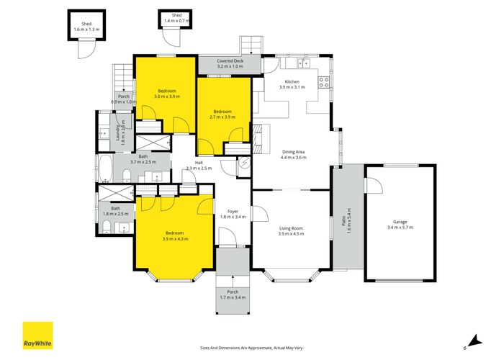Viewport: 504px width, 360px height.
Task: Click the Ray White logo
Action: [37, 336]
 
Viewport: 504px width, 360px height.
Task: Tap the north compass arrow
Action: [474, 341]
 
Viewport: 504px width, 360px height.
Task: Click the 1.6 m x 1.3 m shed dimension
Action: [86, 30]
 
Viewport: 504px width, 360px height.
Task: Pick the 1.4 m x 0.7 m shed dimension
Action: [176, 21]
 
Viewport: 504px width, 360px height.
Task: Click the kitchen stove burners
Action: [324, 82]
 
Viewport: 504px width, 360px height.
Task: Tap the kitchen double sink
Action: [303, 63]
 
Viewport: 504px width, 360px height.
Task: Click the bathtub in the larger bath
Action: [105, 168]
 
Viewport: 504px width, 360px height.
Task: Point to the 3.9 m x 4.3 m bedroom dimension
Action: [176, 238]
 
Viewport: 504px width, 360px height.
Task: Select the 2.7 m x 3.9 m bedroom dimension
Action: [222, 117]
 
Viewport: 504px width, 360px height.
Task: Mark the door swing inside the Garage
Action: [374, 186]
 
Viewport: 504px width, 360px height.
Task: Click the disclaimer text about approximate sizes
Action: [252, 348]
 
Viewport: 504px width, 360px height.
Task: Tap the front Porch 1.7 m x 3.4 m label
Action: [233, 294]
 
